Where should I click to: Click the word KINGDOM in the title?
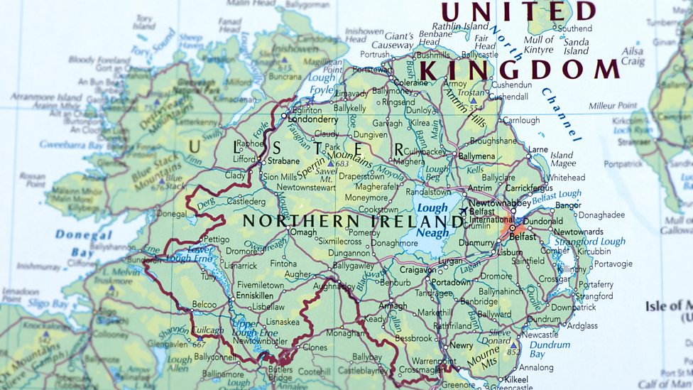coord(519,69)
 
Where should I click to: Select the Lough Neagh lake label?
coord(432,220)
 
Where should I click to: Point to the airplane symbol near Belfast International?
coord(464,211)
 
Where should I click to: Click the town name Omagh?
coord(303,232)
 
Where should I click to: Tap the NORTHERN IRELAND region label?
coord(341,220)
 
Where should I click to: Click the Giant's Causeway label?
coord(398,40)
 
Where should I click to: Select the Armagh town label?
coord(393,306)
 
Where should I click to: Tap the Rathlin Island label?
coord(461,27)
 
